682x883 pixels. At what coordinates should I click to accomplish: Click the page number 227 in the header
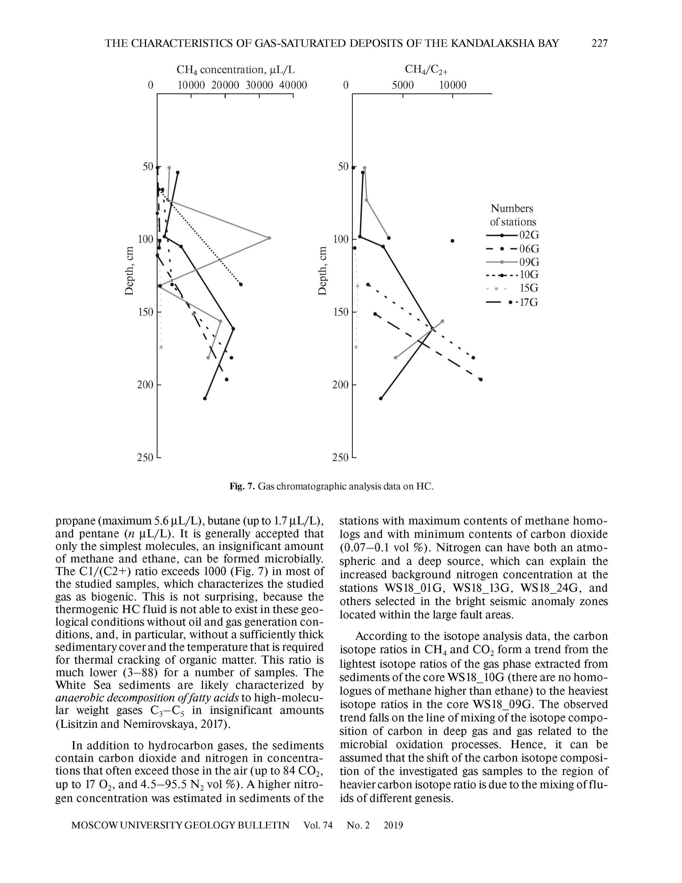599,43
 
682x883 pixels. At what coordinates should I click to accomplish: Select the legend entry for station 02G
513,235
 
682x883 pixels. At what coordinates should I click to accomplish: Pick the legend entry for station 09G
513,262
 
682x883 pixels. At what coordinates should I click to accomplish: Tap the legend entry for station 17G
513,303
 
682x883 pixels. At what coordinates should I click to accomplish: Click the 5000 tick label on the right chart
403,85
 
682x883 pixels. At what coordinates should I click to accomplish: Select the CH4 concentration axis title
235,70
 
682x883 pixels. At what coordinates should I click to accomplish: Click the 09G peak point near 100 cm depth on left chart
270,238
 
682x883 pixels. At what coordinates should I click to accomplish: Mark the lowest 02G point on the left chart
205,398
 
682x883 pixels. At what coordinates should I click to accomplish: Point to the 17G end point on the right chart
481,379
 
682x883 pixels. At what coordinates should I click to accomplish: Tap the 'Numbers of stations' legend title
512,215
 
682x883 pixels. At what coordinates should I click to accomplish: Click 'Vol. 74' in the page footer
317,825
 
